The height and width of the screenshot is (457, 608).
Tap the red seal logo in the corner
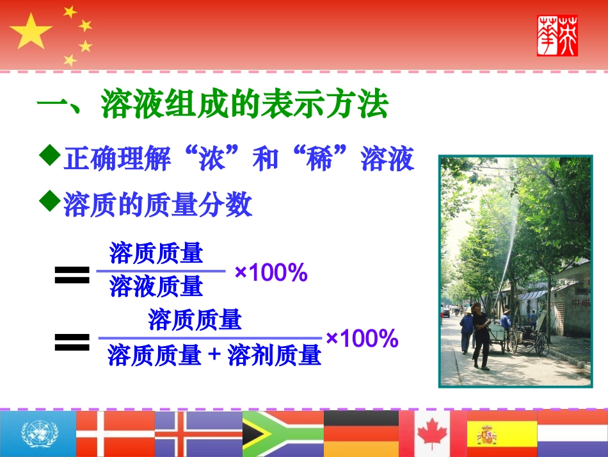pos(557,35)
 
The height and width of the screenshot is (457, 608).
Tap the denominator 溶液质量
pos(156,287)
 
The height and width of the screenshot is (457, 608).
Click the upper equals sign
pos(72,276)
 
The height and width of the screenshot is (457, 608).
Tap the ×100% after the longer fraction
pos(362,338)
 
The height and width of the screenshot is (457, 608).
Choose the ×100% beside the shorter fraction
pos(271,273)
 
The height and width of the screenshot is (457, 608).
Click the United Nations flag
pos(37,433)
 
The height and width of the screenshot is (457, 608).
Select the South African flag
pos(282,433)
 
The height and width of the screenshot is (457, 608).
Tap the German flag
pos(360,433)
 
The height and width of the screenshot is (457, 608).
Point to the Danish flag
pos(115,433)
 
